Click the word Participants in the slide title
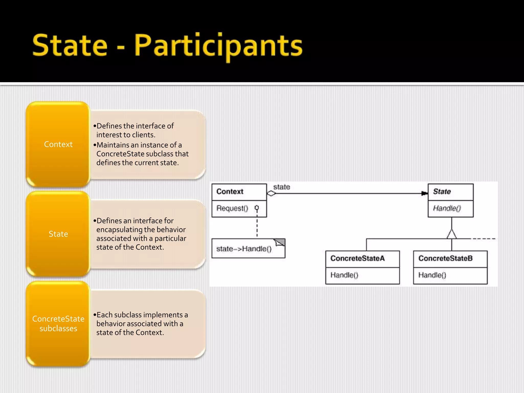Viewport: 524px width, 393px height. point(218,46)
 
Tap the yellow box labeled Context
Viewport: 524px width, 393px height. point(58,144)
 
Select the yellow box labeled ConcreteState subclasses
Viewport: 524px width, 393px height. point(58,324)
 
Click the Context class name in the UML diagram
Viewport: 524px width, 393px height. point(230,191)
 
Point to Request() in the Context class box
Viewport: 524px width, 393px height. point(232,208)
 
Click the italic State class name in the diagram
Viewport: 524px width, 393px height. point(442,191)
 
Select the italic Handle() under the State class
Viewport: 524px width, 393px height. point(447,208)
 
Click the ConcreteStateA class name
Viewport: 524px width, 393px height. point(357,258)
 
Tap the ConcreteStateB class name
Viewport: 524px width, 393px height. point(445,258)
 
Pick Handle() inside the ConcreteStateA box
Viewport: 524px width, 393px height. point(344,275)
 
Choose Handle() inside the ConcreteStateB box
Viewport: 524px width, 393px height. point(432,275)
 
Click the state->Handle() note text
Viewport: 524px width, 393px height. point(244,249)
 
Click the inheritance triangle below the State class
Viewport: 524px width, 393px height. point(452,234)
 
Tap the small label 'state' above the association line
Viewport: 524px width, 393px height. point(281,187)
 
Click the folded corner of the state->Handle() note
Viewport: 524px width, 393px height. point(280,242)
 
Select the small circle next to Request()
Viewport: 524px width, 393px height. point(257,208)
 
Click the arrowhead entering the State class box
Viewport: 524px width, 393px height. point(424,193)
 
